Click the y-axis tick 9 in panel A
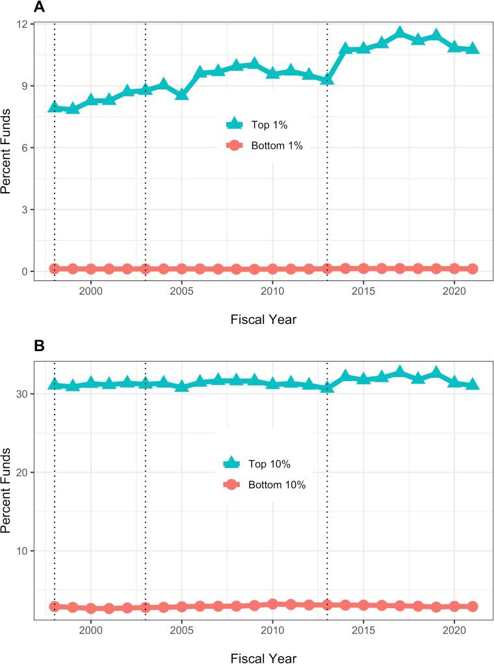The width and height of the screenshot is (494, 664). [23, 86]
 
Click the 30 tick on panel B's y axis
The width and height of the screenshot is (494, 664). [21, 393]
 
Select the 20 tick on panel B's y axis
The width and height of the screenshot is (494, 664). [21, 472]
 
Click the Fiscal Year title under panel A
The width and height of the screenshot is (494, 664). [265, 319]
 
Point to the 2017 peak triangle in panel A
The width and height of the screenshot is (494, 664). [400, 33]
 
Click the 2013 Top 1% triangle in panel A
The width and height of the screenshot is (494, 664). [327, 79]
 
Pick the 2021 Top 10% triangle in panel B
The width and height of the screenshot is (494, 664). [473, 384]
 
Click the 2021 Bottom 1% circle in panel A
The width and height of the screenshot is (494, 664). [473, 269]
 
